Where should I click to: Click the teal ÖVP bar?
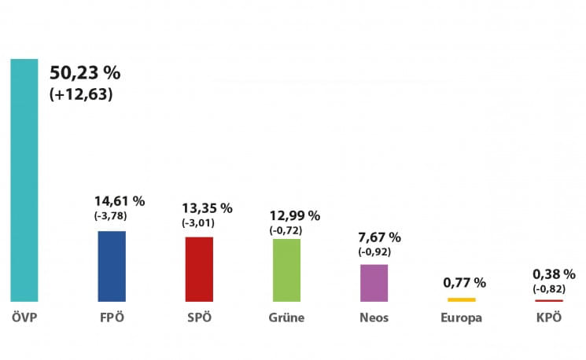click(24, 180)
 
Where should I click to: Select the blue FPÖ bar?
click(112, 266)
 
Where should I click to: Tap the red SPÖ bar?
click(199, 269)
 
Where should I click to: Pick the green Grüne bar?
click(286, 270)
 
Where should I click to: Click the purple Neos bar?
click(374, 283)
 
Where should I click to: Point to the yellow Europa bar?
click(462, 299)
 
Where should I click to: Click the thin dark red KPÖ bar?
click(549, 300)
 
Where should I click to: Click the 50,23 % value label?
click(85, 74)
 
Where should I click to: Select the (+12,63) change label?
click(82, 95)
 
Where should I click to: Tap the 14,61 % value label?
click(119, 202)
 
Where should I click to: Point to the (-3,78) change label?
click(111, 216)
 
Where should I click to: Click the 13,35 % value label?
click(207, 208)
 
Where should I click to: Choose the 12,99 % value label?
click(294, 215)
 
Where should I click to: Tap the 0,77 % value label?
click(464, 282)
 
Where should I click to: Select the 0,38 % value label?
click(554, 274)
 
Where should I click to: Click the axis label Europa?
click(462, 318)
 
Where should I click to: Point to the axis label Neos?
click(374, 318)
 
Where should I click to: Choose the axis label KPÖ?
click(549, 318)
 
